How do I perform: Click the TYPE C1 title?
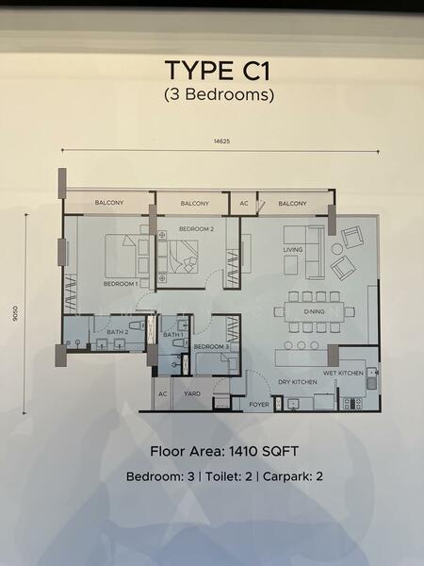tap(218, 71)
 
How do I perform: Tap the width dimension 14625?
tap(221, 141)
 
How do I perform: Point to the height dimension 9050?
tap(15, 314)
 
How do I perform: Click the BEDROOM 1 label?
tap(121, 284)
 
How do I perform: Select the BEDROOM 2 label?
tap(197, 229)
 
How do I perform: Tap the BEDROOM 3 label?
tap(211, 346)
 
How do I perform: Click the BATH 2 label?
tap(118, 332)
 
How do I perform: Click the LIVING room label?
tap(293, 249)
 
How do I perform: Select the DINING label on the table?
tap(314, 311)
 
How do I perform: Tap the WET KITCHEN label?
tap(343, 373)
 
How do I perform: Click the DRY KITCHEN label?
tap(298, 382)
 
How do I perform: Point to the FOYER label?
tap(259, 405)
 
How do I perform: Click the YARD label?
tap(192, 393)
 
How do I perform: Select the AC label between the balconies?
tap(244, 203)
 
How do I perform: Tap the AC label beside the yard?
tap(163, 393)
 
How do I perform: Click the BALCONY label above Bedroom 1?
tap(109, 203)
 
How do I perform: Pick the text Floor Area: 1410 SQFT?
tap(224, 451)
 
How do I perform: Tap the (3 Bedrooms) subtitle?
tap(219, 94)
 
